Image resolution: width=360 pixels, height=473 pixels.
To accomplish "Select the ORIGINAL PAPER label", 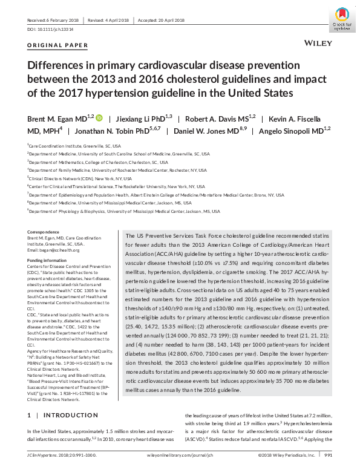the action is tap(58, 45).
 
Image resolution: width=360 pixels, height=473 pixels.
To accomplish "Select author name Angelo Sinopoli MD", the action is tap(295, 131).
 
